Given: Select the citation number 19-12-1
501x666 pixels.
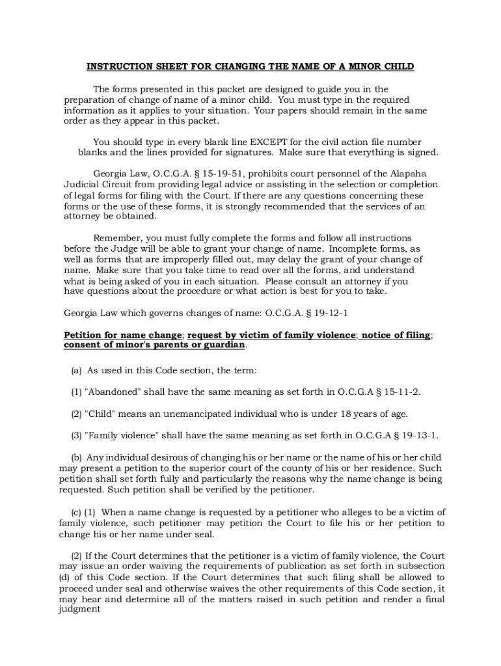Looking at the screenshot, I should (x=328, y=313).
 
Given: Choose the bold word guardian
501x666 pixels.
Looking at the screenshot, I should (x=219, y=345).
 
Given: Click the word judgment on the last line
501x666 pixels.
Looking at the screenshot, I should (x=79, y=610).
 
